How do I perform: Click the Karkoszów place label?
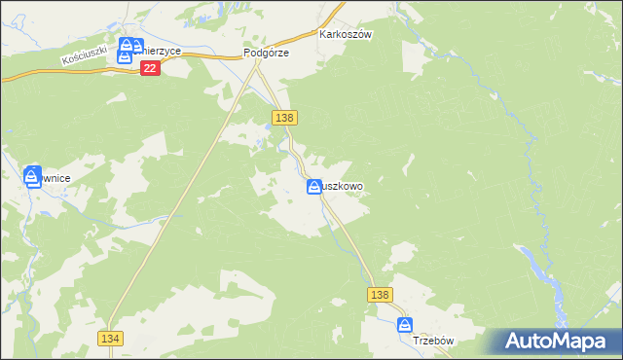[x=347, y=33]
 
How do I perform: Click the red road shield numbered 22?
[x=149, y=68]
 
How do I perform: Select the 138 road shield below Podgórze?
[x=284, y=118]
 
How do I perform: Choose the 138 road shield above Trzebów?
[x=380, y=294]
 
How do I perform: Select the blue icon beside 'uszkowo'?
[x=314, y=187]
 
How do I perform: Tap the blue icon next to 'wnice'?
[x=32, y=176]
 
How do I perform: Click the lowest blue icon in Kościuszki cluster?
[x=124, y=56]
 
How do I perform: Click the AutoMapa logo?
[x=554, y=341]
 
